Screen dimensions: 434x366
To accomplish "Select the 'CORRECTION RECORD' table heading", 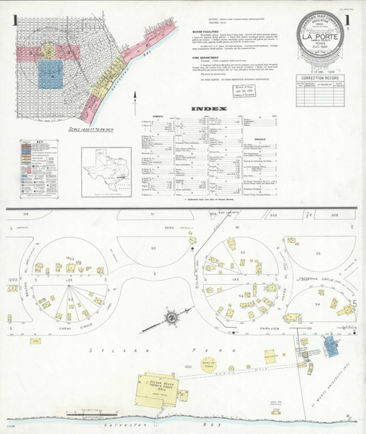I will (x=323, y=76).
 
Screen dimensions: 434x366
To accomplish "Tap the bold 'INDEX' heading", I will (x=209, y=109).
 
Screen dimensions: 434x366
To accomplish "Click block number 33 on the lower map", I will (x=318, y=253).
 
